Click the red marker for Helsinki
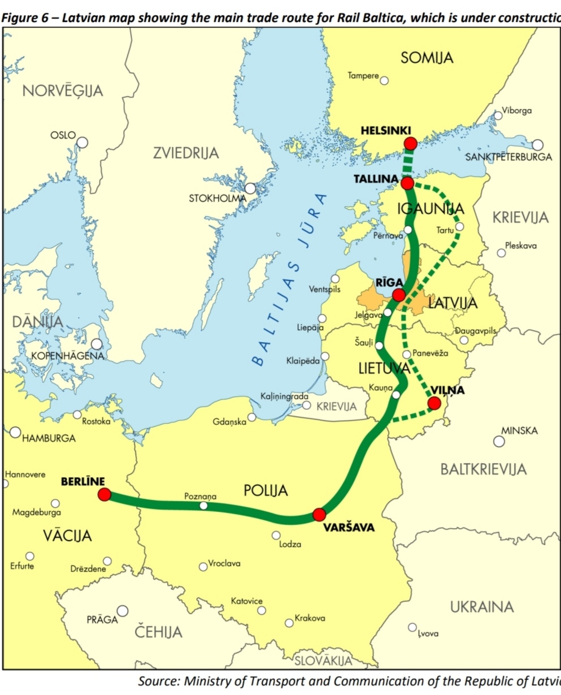411,143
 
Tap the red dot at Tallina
407,183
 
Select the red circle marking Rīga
399,295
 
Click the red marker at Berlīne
104,495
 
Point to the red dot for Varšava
319,515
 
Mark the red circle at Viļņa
434,403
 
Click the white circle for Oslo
82,143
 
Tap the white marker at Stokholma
250,188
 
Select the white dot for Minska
499,441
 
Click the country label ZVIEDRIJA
186,153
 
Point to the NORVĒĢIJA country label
63,90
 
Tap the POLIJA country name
266,490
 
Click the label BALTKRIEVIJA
483,469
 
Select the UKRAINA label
482,607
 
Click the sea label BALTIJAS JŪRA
288,280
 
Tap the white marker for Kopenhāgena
97,344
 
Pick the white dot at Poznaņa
203,506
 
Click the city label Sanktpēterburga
508,157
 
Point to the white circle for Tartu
460,227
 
